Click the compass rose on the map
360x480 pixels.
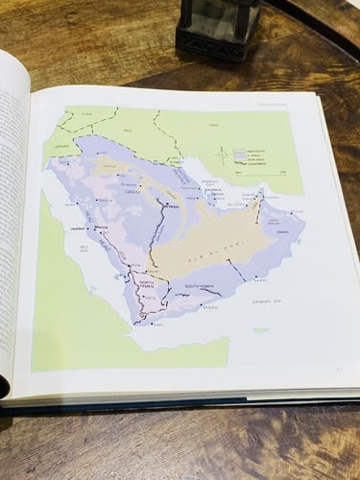pos(223,154)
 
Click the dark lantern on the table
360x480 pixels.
pos(219,26)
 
